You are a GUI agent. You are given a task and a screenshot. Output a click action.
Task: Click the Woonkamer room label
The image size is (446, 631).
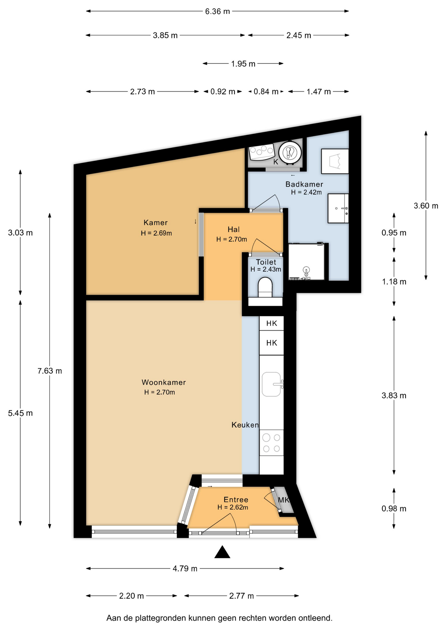(x=164, y=382)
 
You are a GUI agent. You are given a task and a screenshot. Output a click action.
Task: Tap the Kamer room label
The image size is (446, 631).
(x=156, y=222)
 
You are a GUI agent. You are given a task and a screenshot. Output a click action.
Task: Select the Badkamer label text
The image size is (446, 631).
(x=304, y=184)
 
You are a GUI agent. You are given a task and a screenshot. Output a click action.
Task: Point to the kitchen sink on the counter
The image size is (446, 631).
(x=272, y=384)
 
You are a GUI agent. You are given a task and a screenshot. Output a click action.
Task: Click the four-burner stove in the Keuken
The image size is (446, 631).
(x=271, y=443)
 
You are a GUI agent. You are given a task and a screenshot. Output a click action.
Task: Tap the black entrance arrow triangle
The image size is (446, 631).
(x=222, y=552)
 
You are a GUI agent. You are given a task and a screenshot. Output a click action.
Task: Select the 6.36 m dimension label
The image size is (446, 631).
(x=217, y=12)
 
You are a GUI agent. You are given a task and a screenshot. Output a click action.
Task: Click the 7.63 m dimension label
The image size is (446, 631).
(x=50, y=371)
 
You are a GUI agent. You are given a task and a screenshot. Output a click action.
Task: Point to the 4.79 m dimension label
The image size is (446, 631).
(x=185, y=569)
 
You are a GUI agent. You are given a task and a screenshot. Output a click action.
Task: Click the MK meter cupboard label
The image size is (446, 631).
(x=283, y=500)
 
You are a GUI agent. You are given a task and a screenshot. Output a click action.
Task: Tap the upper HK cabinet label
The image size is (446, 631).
(x=272, y=323)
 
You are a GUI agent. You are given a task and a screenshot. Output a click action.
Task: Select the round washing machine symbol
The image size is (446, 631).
(x=290, y=152)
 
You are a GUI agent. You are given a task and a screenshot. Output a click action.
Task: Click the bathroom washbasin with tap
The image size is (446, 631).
(x=338, y=208)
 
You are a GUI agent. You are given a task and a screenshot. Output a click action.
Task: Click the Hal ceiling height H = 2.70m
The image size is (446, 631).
(x=232, y=239)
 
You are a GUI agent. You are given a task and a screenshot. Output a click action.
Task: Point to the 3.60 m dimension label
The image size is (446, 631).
(x=426, y=206)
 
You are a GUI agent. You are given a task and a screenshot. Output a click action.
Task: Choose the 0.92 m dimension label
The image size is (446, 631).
(x=223, y=92)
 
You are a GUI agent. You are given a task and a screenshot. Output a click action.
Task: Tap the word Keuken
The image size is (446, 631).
(x=245, y=425)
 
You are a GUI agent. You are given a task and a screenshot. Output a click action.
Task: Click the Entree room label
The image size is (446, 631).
(x=236, y=500)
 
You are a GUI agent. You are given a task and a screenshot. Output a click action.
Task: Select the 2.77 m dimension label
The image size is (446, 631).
(x=241, y=596)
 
